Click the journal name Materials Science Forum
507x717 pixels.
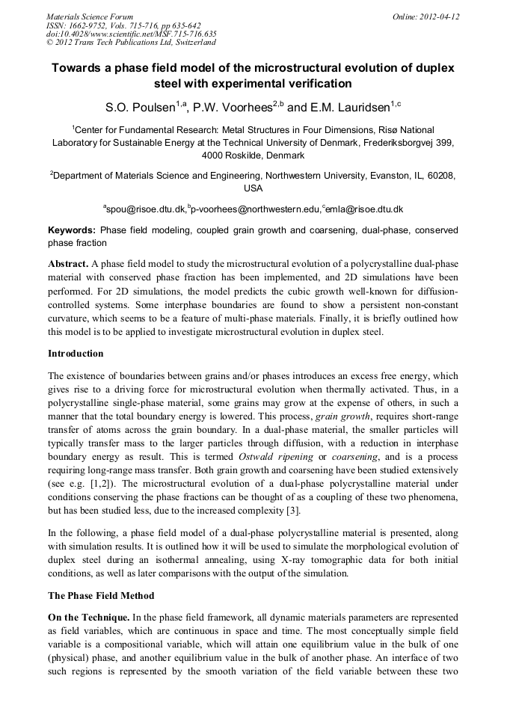coord(90,16)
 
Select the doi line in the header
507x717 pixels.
coord(131,34)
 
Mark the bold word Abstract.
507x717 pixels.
coord(67,265)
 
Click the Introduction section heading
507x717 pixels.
coord(76,354)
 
